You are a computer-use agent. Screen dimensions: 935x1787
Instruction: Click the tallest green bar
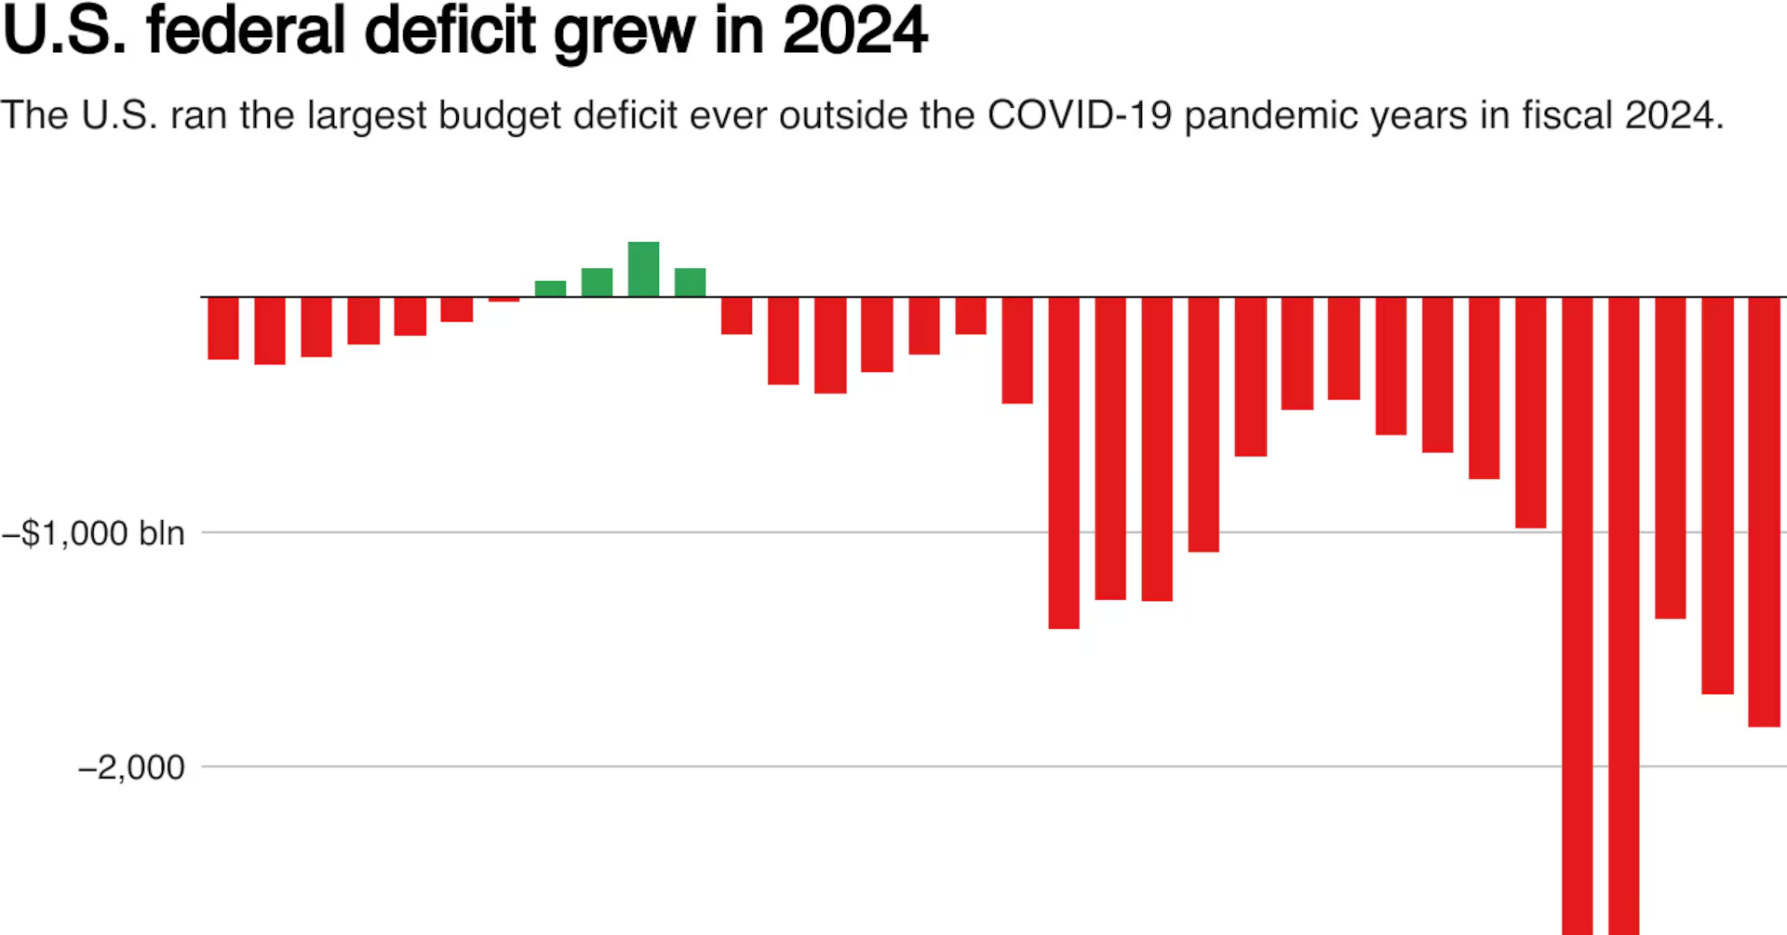pyautogui.click(x=643, y=269)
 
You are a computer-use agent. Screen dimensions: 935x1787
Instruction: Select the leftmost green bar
pyautogui.click(x=550, y=288)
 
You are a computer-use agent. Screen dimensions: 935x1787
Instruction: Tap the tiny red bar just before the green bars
pyautogui.click(x=504, y=299)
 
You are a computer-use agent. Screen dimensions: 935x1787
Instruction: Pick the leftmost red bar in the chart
pyautogui.click(x=223, y=327)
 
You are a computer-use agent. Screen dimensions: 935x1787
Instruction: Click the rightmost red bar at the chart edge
pyautogui.click(x=1764, y=511)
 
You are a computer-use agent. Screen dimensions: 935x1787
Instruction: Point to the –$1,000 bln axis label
pyautogui.click(x=94, y=533)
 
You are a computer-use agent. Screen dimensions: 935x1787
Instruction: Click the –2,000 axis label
pyautogui.click(x=131, y=768)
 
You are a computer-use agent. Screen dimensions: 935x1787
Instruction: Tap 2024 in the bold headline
pyautogui.click(x=854, y=32)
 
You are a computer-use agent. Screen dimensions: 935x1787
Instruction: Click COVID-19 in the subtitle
pyautogui.click(x=1079, y=115)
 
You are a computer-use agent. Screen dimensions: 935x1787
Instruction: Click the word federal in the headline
pyautogui.click(x=246, y=32)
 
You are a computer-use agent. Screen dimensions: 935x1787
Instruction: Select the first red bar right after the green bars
pyautogui.click(x=736, y=315)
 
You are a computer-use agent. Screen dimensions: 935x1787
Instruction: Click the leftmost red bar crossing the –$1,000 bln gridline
pyautogui.click(x=1064, y=462)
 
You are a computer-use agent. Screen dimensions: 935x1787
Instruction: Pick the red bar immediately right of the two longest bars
pyautogui.click(x=1671, y=457)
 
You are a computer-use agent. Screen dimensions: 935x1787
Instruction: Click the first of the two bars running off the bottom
pyautogui.click(x=1578, y=614)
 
